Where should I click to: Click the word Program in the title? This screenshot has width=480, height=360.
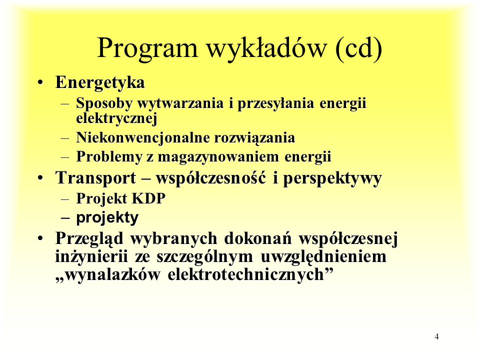147,49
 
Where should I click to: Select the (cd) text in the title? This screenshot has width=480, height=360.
358,48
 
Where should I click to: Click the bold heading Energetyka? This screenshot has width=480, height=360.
100,82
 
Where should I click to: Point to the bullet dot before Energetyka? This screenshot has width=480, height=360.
40,83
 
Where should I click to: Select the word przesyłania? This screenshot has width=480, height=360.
275,103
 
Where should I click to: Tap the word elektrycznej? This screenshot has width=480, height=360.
116,118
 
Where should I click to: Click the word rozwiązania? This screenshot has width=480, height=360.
254,138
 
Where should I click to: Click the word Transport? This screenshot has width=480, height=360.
95,178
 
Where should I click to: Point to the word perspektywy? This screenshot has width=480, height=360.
332,178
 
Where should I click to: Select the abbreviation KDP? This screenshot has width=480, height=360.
149,198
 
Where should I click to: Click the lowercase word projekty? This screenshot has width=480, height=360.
107,218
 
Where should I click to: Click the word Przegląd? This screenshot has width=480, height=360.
89,239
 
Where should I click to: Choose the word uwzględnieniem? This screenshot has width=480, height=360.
323,257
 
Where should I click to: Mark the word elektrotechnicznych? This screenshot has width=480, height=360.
246,274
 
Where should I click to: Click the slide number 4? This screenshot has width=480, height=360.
436,336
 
